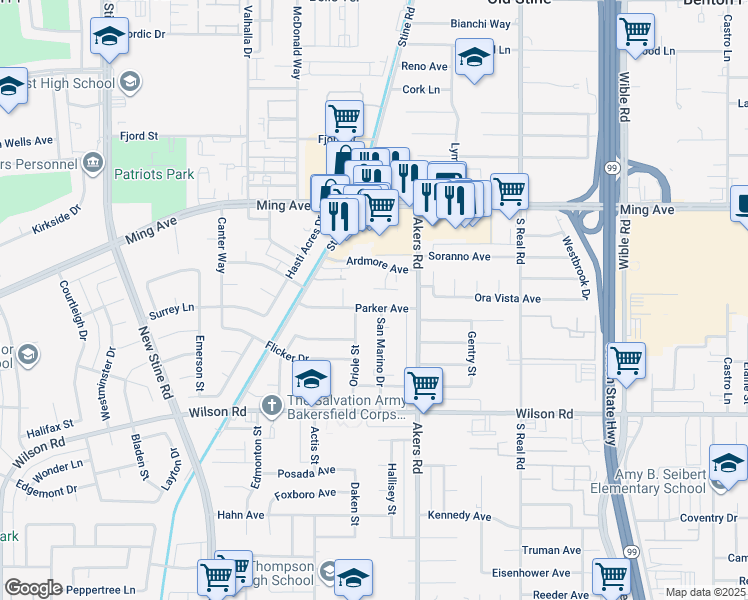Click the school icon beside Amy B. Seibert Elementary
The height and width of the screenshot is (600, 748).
[728, 462]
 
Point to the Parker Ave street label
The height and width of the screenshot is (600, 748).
[382, 309]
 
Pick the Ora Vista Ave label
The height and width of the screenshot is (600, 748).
[507, 299]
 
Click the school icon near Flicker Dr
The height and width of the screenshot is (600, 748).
[311, 379]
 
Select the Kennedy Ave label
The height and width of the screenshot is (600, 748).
[459, 516]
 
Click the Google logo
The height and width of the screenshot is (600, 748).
[33, 588]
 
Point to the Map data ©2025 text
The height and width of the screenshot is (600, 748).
[705, 592]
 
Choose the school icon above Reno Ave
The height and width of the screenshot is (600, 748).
[474, 57]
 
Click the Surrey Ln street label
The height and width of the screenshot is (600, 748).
[171, 309]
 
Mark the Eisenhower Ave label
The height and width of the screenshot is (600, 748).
[530, 574]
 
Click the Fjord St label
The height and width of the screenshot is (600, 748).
[139, 135]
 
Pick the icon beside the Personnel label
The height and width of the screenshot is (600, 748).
[93, 162]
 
